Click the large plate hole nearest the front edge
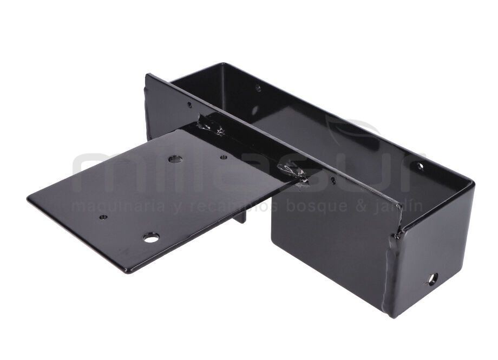point(151,237)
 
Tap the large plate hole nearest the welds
point(174,159)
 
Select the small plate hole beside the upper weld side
point(224,158)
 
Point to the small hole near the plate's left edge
point(103,217)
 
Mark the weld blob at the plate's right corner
point(293,173)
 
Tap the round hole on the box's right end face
point(432,279)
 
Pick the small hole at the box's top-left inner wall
point(258,87)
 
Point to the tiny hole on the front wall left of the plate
point(189,105)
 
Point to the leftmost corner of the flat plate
point(28,199)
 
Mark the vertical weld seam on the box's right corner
point(391,271)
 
